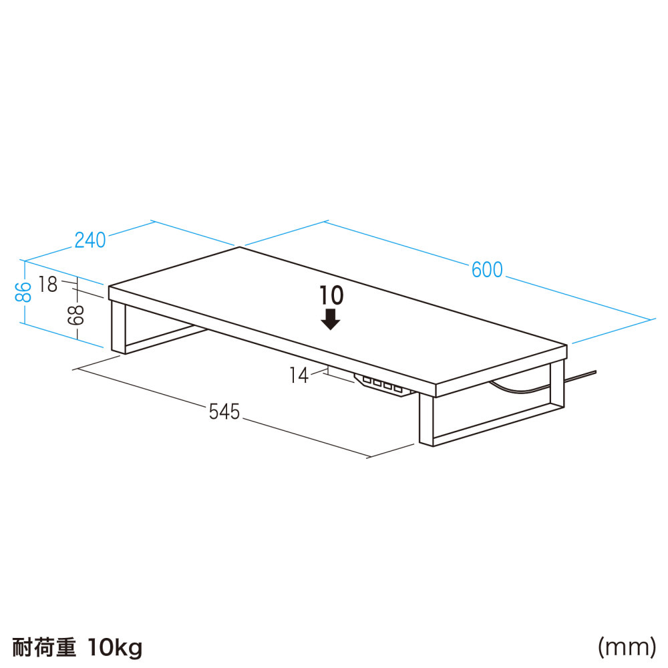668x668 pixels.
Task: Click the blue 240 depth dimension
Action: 90,240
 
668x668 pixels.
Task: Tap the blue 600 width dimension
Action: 487,270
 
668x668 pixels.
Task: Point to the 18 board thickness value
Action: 47,285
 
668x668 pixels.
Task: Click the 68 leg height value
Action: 77,315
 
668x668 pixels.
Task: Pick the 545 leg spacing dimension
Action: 224,412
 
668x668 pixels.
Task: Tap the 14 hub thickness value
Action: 299,375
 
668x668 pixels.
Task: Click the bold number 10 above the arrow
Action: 331,295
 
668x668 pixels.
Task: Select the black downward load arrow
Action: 330,319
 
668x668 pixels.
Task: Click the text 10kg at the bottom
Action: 115,648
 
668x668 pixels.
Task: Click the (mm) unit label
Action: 627,647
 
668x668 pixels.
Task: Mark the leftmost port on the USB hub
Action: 367,379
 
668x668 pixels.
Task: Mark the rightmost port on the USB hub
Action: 398,389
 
